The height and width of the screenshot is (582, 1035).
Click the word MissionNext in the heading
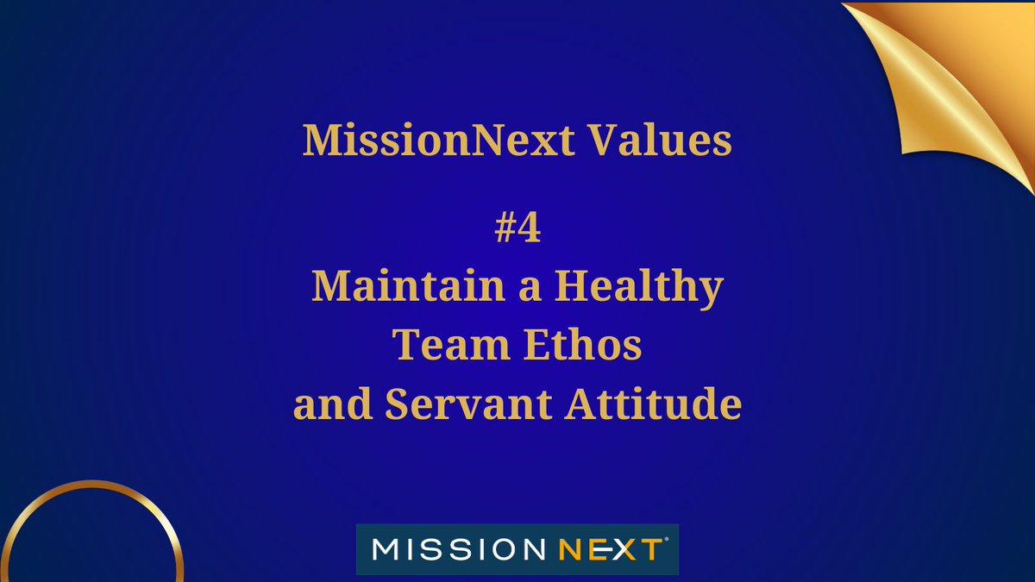[x=440, y=140]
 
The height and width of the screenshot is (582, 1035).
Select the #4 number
[x=517, y=228]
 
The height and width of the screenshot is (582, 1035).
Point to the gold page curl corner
[x=957, y=78]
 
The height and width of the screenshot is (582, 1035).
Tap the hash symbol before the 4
[x=505, y=228]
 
